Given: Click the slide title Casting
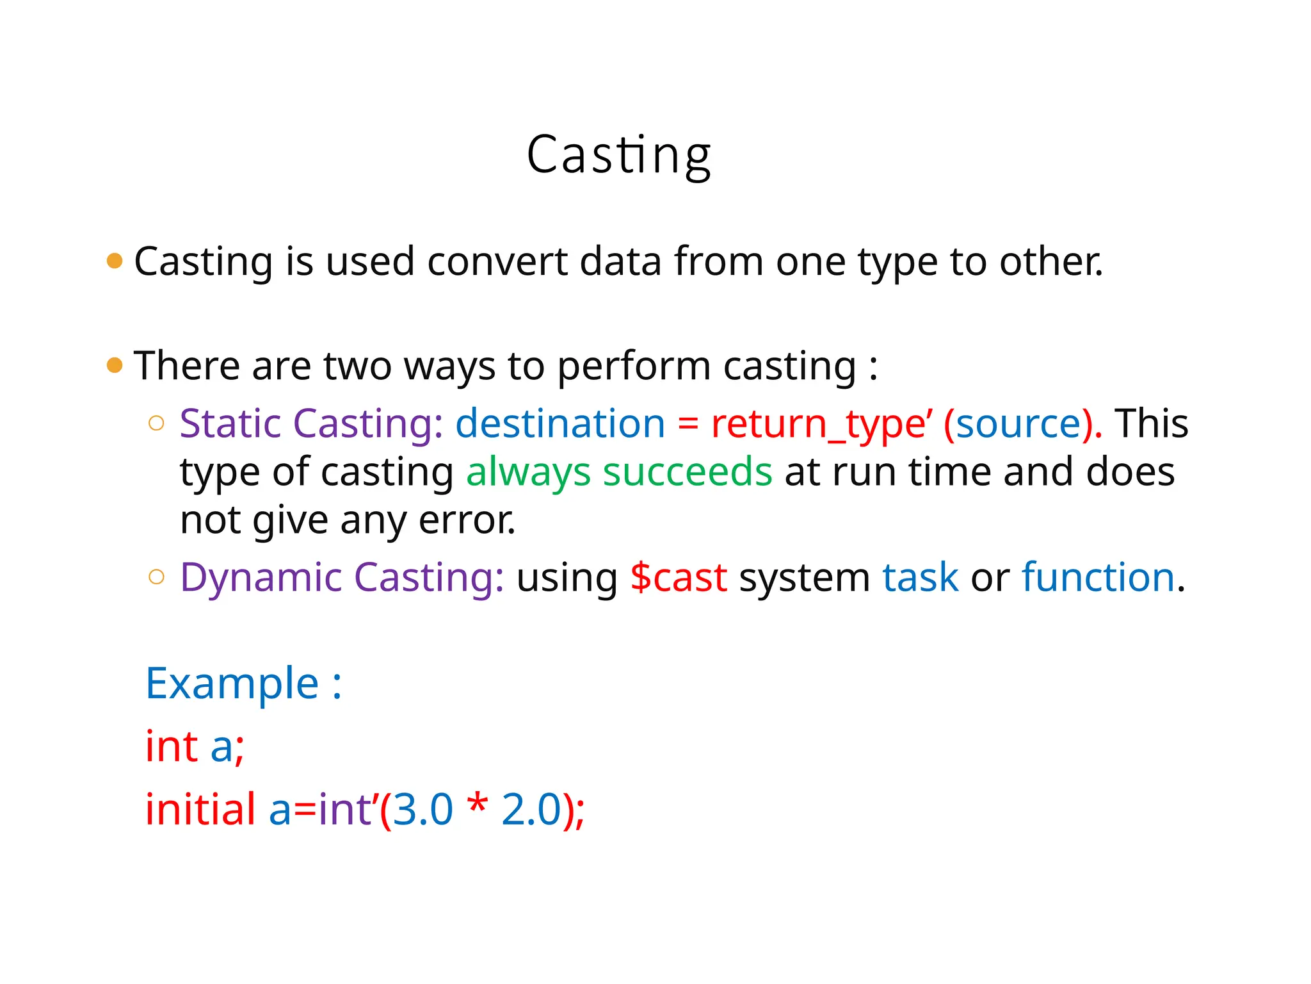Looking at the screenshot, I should coord(618,155).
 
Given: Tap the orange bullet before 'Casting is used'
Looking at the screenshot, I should coord(115,261).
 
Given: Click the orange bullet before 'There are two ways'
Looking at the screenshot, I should coord(115,365).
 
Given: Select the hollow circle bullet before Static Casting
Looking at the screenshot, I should coord(156,423).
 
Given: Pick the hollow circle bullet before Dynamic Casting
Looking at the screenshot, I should coord(156,577).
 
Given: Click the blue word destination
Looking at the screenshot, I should coord(560,423).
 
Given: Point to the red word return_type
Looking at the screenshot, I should coord(818,425).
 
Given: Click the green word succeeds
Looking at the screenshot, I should coord(688,472).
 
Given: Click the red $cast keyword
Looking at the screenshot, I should coord(679,577).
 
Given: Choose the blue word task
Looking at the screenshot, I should coord(920,577).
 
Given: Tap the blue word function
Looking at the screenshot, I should coord(1098,577).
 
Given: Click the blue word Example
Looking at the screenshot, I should coord(232,684).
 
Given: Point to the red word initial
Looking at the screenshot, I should coord(200,809).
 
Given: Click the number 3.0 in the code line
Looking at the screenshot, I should coord(422,809).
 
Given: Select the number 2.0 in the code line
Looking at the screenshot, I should coord(531,809).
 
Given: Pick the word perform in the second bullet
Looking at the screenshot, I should coord(634,367).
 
